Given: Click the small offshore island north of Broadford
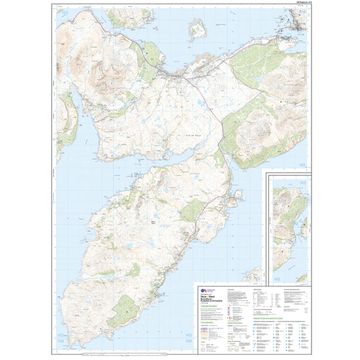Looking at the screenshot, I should point(196,28).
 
